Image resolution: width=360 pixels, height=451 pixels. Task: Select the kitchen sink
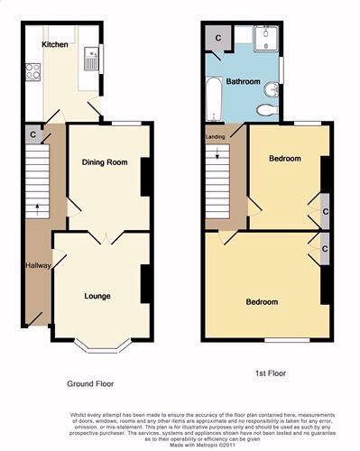(x=90, y=60)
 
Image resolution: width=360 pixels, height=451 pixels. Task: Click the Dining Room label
(x=106, y=162)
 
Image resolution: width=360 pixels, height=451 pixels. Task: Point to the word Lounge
(x=97, y=296)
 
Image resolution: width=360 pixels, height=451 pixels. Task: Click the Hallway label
(x=37, y=265)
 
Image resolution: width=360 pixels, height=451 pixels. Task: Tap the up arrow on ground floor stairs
(x=37, y=207)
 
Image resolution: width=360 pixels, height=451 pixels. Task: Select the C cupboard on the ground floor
(x=32, y=135)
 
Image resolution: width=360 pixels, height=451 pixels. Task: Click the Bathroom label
(x=244, y=82)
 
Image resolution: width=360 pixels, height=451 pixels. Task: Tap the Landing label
(x=216, y=137)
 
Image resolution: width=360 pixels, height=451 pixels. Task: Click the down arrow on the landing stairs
(x=217, y=159)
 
